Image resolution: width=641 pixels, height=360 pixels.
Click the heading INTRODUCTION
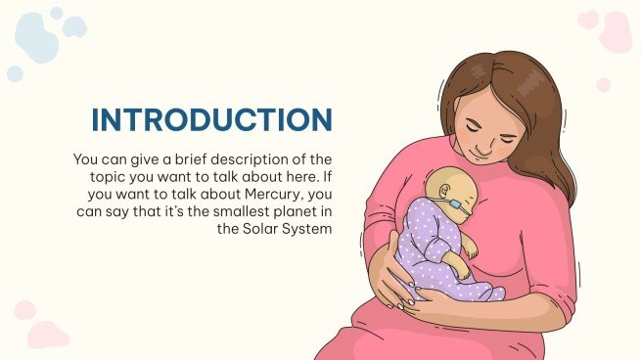(211, 119)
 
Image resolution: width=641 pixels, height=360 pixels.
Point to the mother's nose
(479, 143)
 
